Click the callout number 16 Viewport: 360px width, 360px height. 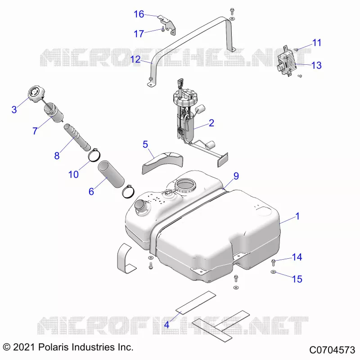pos(139,14)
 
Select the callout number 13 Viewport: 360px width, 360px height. pos(316,65)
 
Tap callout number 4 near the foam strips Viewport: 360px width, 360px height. pos(166,324)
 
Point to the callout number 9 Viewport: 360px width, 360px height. pos(236,176)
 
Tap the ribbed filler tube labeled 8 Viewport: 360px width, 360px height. pos(77,137)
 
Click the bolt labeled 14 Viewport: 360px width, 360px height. pos(273,262)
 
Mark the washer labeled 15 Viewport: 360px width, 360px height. pos(273,272)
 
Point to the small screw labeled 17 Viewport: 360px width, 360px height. pos(163,29)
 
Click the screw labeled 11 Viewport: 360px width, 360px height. pos(296,49)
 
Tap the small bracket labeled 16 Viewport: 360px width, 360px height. pos(167,24)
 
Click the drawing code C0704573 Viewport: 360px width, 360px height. pos(332,350)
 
